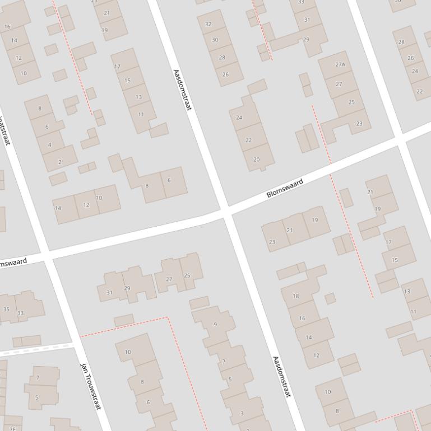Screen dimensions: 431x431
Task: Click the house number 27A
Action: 340,65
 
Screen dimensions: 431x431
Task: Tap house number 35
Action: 6,309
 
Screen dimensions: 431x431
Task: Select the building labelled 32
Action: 208,25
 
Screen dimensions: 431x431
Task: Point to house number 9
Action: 215,325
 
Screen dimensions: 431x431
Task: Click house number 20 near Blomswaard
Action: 256,160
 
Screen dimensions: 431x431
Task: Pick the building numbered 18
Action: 296,296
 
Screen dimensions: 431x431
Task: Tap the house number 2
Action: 60,162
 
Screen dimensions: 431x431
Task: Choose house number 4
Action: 49,145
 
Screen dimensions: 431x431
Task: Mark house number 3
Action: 242,414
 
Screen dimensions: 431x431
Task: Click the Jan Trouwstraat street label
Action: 90,386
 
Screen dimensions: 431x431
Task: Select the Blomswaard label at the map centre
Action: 285,188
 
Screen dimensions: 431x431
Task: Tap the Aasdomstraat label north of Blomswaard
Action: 183,90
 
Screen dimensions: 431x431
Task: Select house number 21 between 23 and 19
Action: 289,231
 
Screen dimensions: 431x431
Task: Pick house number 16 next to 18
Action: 302,318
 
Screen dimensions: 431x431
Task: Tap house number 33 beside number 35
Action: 21,313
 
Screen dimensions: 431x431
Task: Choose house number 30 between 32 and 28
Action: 215,40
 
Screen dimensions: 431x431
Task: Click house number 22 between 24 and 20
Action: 248,140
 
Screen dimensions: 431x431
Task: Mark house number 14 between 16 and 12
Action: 308,338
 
